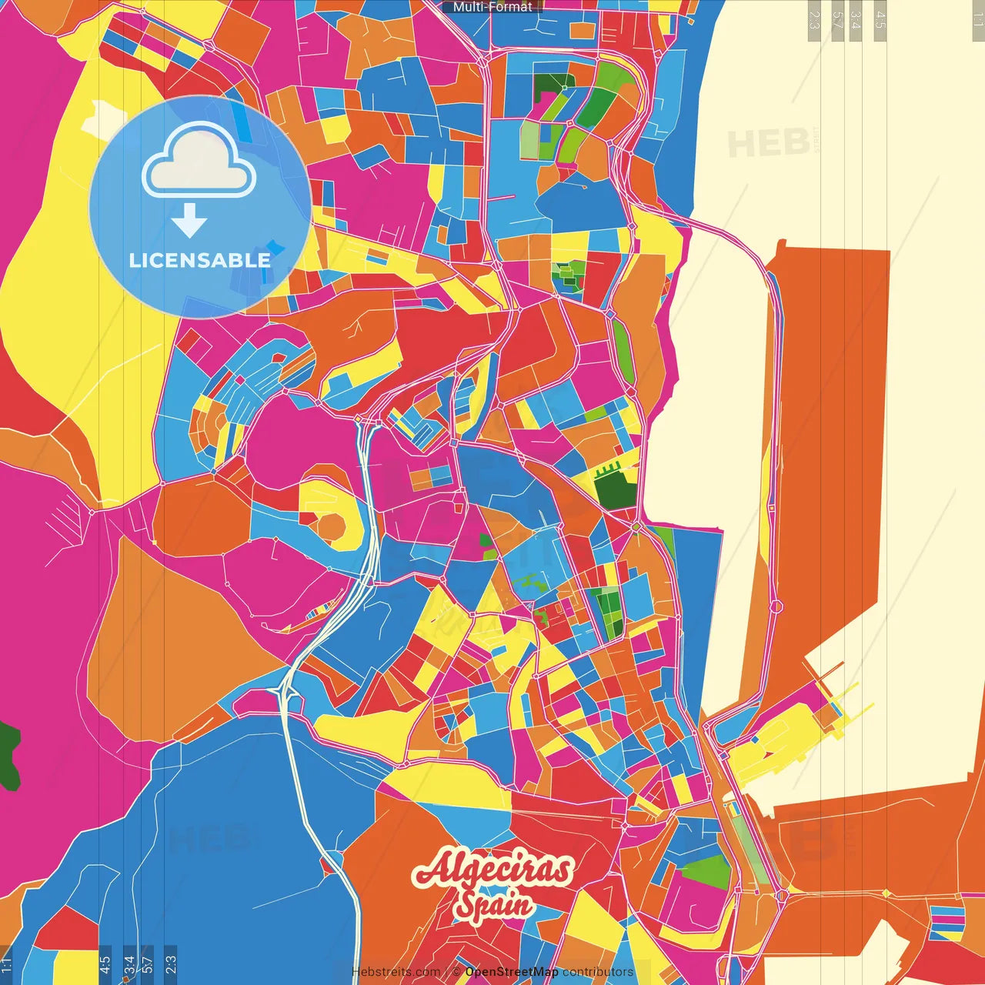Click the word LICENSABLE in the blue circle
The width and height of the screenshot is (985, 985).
click(x=199, y=260)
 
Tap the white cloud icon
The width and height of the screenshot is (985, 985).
click(x=199, y=162)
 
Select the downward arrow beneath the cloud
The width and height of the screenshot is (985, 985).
click(x=189, y=221)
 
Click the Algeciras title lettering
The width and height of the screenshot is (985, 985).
click(x=493, y=870)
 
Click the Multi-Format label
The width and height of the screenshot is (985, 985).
click(x=492, y=7)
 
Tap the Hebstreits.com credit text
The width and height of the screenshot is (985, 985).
click(x=396, y=972)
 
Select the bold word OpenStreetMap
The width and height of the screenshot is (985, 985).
click(x=512, y=972)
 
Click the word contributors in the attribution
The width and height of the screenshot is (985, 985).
click(x=598, y=972)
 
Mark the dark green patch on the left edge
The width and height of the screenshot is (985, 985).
click(x=9, y=754)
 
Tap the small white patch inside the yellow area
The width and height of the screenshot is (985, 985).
click(x=103, y=115)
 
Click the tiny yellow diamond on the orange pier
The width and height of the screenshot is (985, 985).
click(x=886, y=893)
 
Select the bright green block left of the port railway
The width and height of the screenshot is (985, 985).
click(x=706, y=871)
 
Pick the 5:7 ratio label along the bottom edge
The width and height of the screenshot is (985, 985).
click(x=148, y=963)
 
